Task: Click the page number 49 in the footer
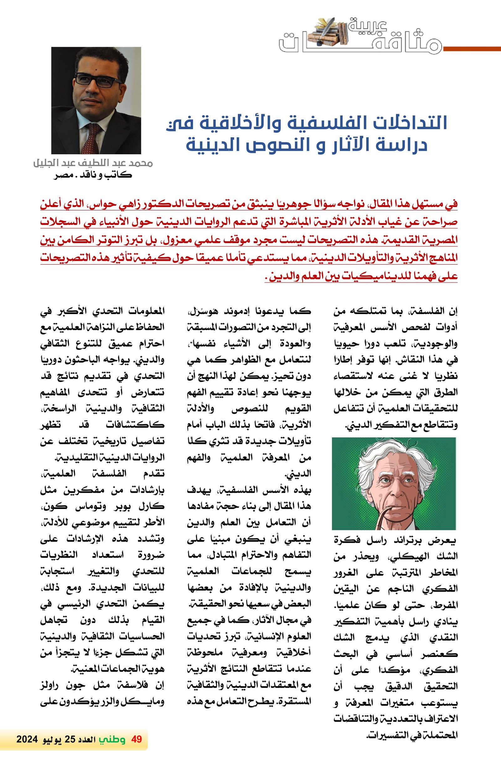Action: (137, 739)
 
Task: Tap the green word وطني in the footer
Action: (112, 739)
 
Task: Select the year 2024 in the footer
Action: (27, 740)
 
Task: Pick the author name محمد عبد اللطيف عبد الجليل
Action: (93, 163)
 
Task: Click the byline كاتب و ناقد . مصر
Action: (93, 175)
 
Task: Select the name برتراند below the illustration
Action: (406, 541)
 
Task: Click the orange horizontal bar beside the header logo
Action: (472, 49)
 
